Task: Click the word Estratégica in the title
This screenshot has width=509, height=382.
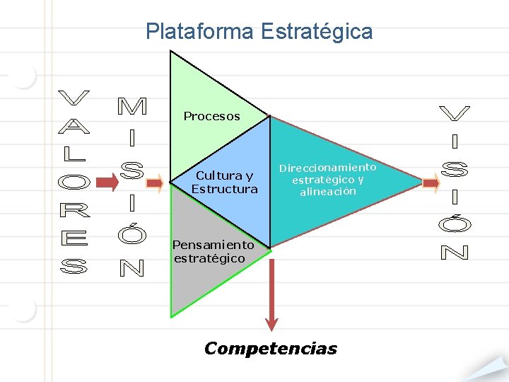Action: coord(316,32)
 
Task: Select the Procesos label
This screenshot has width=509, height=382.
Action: coord(211,116)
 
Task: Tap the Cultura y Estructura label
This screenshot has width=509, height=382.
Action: coord(224,183)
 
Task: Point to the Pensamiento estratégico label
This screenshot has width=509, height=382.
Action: coord(213,251)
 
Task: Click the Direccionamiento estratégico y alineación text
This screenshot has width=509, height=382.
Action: coord(327,179)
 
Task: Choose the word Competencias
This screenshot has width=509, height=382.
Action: coord(270,348)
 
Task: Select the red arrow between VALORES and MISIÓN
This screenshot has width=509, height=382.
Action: coord(107,183)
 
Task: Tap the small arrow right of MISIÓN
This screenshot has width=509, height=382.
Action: coord(156,183)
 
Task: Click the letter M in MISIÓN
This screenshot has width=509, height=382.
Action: coord(131,106)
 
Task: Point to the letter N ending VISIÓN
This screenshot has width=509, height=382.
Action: coord(454,251)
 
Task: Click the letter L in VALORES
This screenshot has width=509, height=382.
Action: coord(73,153)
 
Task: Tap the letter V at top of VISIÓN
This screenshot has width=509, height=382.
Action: coord(454,113)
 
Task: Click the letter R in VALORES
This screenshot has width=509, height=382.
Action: coord(73,210)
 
